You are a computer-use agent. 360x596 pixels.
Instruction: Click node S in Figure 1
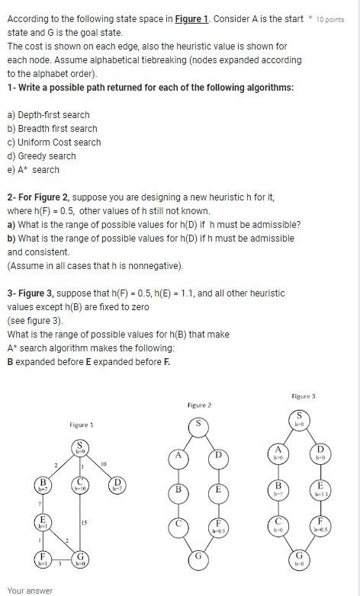[x=80, y=447]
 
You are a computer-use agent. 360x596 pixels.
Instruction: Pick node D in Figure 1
[x=117, y=485]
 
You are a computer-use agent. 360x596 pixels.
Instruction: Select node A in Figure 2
[x=178, y=456]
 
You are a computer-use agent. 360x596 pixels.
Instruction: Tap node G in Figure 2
[x=198, y=556]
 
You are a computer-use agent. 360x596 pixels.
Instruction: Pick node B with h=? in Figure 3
[x=279, y=489]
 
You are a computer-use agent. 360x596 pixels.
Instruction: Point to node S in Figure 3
[x=299, y=418]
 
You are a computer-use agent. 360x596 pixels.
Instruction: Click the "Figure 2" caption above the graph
[x=198, y=405]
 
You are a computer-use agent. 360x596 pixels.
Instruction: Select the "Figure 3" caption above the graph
[x=303, y=396]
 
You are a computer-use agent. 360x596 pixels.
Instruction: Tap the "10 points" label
[x=330, y=18]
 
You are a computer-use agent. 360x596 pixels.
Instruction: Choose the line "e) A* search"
[x=34, y=170]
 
